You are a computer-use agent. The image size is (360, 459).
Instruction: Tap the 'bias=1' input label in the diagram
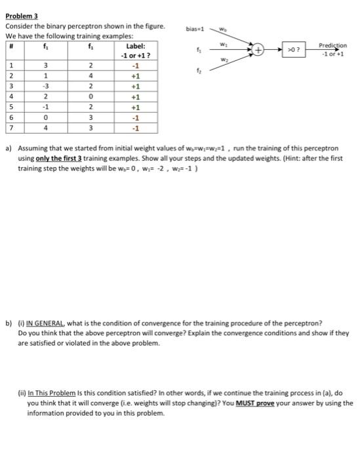(x=196, y=29)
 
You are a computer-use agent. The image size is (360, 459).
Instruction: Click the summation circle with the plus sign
(x=260, y=49)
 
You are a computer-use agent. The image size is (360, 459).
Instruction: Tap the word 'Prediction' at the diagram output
(x=333, y=45)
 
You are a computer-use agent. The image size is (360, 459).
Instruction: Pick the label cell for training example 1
(x=135, y=66)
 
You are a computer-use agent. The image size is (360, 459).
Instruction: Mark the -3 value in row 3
(x=45, y=86)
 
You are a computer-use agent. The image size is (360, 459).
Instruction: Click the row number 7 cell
(x=11, y=128)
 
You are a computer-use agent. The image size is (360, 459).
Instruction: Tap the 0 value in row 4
(x=90, y=96)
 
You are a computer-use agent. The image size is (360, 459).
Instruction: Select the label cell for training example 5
(x=135, y=107)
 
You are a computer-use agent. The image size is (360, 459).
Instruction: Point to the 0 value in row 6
(x=45, y=117)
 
